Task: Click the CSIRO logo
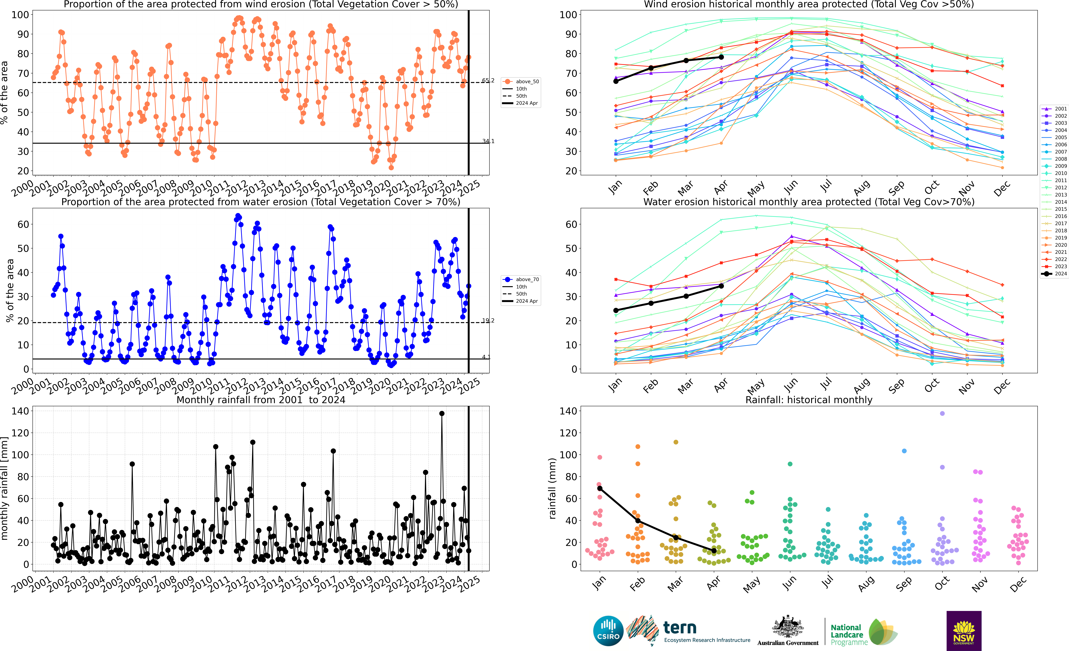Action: [x=608, y=631]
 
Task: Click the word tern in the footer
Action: [x=680, y=628]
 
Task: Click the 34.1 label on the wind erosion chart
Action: [x=488, y=141]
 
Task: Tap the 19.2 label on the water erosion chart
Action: [x=488, y=321]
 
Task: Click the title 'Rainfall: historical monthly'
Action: [x=809, y=400]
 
